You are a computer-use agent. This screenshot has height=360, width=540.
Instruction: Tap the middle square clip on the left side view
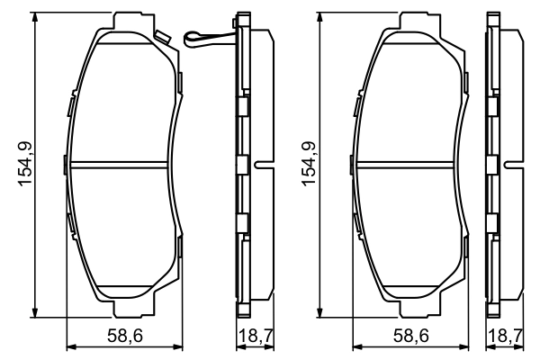coord(242,165)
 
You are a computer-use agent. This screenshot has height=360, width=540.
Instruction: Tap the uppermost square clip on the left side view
coord(242,106)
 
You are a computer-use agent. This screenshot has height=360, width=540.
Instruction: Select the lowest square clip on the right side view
coord(492,222)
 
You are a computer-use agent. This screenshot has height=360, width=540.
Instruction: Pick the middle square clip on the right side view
coord(492,165)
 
